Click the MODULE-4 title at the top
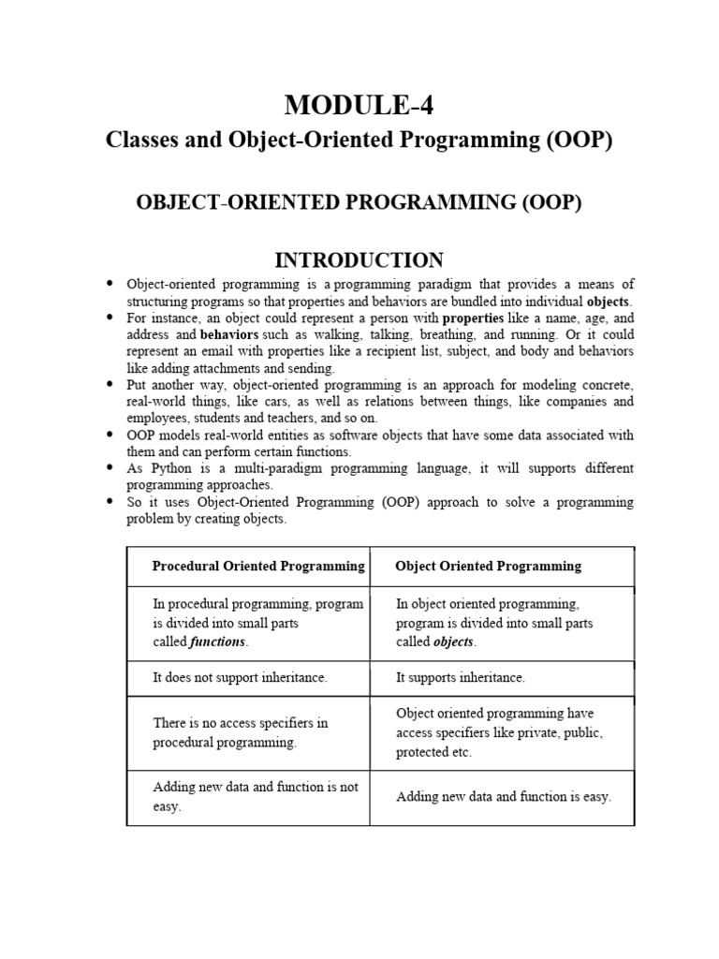359,107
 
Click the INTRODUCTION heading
359,259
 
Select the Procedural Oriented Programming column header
258,566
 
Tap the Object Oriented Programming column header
488,566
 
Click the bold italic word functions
217,642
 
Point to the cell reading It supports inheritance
461,677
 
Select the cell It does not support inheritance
240,677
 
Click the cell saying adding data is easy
504,797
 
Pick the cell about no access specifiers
241,732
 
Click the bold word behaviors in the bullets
229,333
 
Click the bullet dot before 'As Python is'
110,467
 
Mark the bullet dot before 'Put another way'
110,384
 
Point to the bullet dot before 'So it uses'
110,502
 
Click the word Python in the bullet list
169,468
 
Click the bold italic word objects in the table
454,642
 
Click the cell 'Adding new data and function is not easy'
256,796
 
